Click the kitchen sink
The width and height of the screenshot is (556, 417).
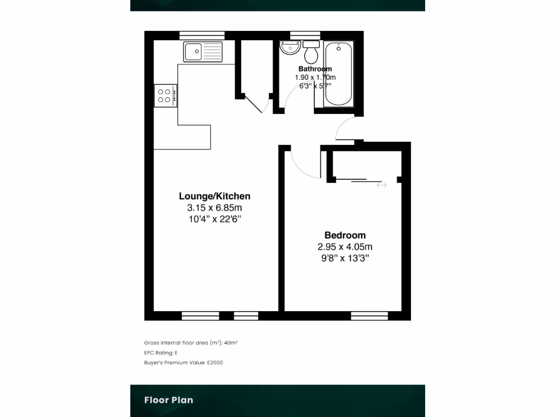tap(203, 52)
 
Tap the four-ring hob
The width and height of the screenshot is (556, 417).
tap(166, 96)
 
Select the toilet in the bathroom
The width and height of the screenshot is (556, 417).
tap(311, 53)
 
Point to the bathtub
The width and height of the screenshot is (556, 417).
tap(339, 74)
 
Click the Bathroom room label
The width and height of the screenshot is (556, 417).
tap(315, 69)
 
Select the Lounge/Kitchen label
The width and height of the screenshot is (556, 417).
tap(214, 196)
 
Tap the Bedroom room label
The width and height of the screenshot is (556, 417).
tap(345, 235)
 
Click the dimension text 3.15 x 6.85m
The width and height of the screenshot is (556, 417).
tap(214, 208)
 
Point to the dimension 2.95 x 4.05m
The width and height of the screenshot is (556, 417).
tap(345, 247)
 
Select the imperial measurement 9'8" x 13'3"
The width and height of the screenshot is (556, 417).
tap(345, 258)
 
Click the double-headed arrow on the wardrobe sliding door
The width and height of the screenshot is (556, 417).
tap(382, 185)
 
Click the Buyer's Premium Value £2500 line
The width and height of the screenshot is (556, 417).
tap(183, 362)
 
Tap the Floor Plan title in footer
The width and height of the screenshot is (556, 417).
tap(168, 400)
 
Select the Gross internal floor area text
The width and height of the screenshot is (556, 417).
tap(191, 343)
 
